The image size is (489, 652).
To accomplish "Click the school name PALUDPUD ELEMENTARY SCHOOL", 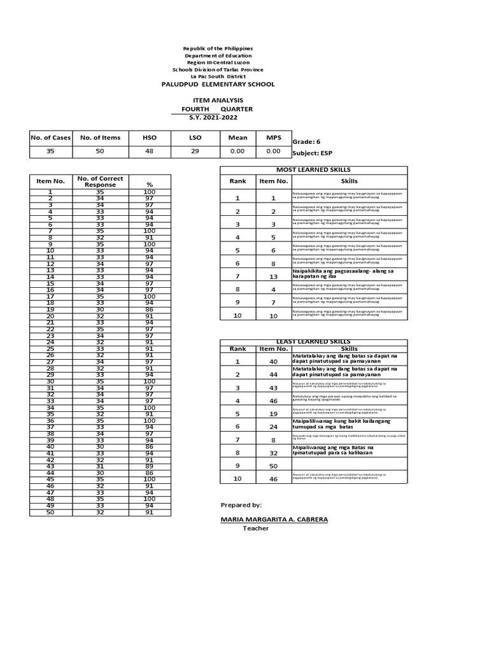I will click(218, 84).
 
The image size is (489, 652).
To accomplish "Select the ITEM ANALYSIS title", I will click(218, 101).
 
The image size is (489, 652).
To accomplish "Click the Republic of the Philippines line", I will click(218, 49).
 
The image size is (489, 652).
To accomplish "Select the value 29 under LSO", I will click(195, 152).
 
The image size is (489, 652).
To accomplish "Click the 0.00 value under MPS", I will click(273, 152).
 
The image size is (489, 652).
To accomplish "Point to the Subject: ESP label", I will click(312, 153).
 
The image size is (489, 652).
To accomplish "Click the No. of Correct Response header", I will click(100, 181).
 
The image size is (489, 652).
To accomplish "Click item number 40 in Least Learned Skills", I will click(273, 361).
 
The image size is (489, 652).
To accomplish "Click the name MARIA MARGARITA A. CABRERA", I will click(274, 520).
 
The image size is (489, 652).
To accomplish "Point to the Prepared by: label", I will click(241, 505).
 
